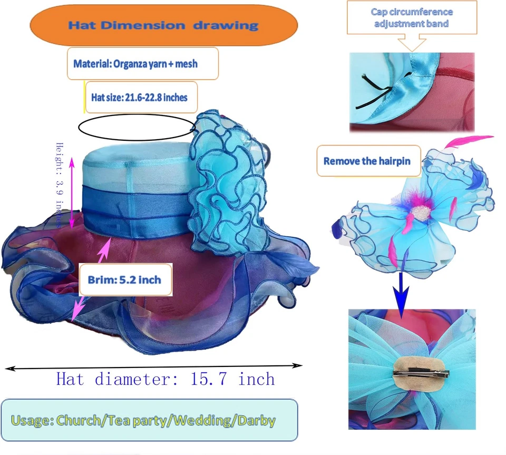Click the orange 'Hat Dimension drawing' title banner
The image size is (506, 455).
[164, 25]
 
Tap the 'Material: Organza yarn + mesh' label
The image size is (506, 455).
[142, 64]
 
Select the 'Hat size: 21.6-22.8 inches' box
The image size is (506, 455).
[141, 97]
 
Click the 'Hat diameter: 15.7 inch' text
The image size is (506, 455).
[166, 379]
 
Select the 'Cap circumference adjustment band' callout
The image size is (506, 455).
[412, 18]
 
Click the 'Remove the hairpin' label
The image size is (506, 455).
[368, 161]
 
